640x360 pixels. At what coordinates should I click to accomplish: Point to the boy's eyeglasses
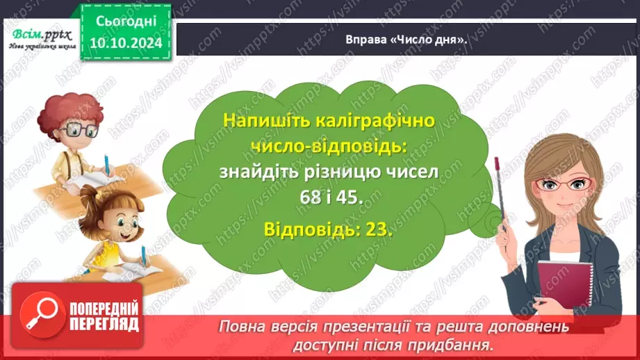click(x=78, y=129)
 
